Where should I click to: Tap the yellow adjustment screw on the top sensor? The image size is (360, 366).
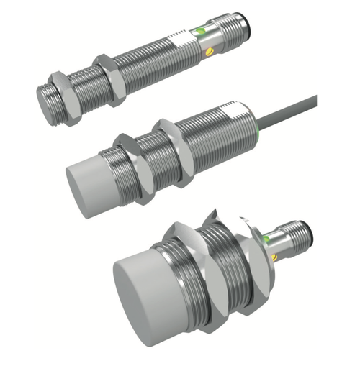pos(210,51)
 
